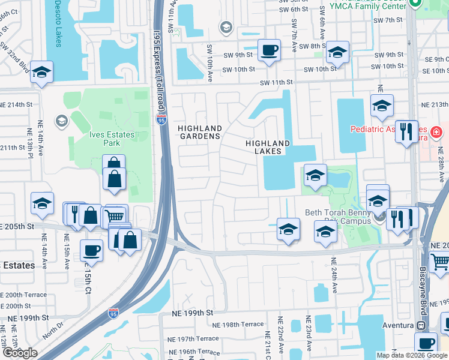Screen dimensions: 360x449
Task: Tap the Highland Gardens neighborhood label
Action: (x=199, y=132)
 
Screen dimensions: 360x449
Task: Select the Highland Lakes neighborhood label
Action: (x=268, y=147)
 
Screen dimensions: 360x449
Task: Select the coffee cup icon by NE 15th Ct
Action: (x=91, y=249)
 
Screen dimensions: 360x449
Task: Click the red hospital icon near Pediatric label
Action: (x=436, y=131)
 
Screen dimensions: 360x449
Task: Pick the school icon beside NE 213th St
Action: (x=382, y=106)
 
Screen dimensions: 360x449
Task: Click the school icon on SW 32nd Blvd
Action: (x=41, y=71)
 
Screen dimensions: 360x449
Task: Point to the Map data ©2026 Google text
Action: (x=411, y=355)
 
